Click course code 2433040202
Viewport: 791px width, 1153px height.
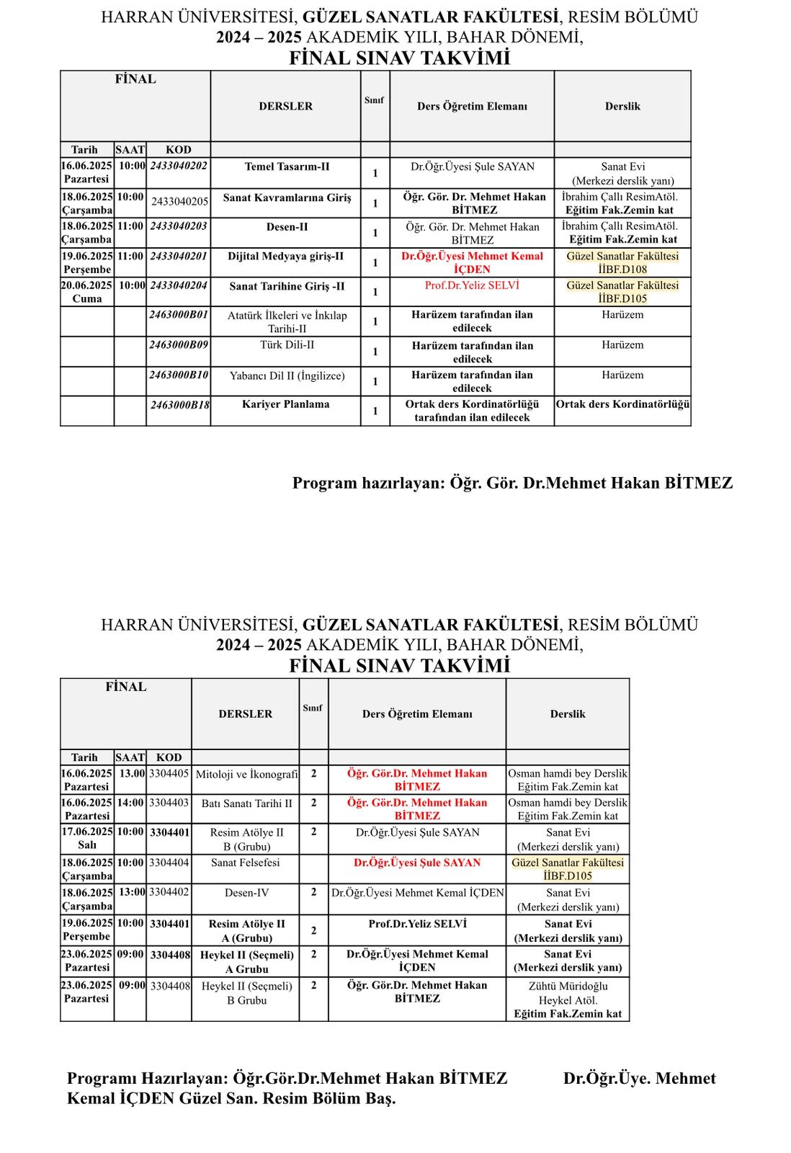coord(179,166)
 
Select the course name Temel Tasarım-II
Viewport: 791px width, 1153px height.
coord(287,166)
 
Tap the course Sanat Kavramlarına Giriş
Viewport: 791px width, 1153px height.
coord(287,197)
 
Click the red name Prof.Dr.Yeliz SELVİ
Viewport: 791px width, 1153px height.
coord(472,285)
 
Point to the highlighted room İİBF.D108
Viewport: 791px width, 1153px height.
coord(622,270)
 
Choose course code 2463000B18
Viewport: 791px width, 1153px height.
coord(179,405)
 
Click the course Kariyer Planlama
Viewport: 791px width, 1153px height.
coord(285,404)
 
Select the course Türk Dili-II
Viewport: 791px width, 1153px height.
coord(287,344)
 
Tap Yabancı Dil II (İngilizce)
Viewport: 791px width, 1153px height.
coord(287,375)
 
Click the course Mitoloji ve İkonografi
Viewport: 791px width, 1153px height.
coord(246,775)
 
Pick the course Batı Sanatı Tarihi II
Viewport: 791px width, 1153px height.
coord(246,803)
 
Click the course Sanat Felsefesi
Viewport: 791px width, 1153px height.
coord(246,863)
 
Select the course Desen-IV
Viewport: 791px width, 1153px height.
coord(246,893)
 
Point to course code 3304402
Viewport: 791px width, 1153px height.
coord(169,892)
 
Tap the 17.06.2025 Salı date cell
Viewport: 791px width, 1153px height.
coord(86,838)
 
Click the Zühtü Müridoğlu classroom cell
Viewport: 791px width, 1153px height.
coord(568,1000)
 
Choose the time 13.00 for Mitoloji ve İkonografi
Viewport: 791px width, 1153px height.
coord(131,773)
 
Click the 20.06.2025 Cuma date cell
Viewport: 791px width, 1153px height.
coord(86,292)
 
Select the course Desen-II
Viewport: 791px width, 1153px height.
coord(287,227)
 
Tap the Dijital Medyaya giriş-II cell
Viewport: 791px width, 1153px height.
coord(285,257)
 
